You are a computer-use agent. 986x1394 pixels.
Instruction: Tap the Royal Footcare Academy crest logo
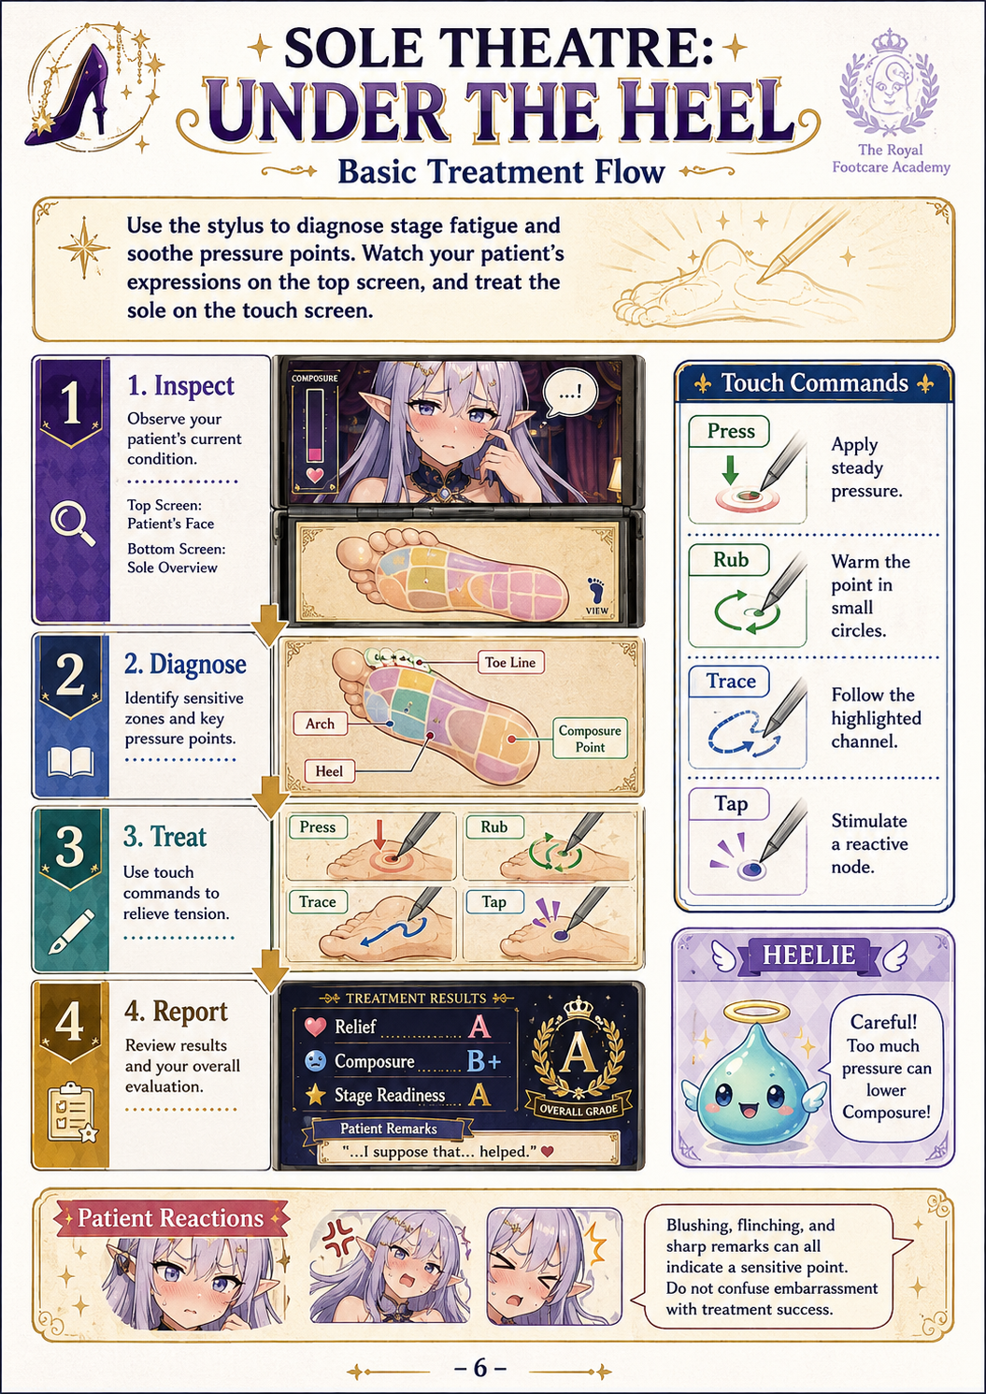[889, 83]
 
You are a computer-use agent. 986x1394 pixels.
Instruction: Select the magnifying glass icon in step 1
[72, 524]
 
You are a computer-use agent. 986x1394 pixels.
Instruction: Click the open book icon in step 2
[71, 762]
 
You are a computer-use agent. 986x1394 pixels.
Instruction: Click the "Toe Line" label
[510, 662]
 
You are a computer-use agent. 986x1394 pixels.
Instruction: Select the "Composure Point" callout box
[590, 738]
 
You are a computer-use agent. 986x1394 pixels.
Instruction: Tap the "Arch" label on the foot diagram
[320, 724]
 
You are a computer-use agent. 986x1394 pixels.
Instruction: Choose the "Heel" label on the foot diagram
[329, 771]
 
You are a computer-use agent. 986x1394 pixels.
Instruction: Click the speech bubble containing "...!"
[569, 393]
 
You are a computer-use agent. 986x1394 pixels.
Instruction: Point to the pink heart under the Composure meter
[315, 475]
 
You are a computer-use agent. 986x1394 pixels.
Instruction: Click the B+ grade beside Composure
[483, 1061]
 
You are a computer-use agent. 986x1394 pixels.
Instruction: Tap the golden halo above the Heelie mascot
[755, 1016]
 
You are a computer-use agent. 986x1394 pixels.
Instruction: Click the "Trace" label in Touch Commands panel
[730, 681]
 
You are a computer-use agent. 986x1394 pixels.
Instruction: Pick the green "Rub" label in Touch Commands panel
[730, 559]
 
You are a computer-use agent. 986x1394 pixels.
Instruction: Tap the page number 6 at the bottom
[479, 1367]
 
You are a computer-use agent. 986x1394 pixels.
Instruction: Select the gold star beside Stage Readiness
[316, 1095]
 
